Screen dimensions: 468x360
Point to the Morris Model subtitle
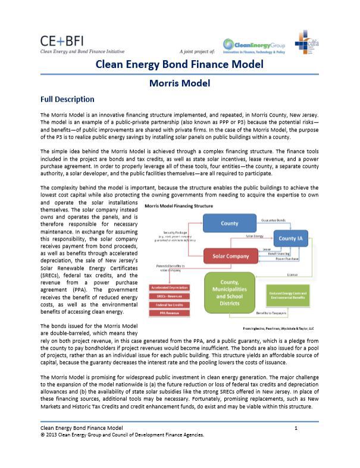pos(179,83)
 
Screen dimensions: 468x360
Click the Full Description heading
pos(67,99)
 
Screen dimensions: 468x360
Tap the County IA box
pos(293,239)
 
